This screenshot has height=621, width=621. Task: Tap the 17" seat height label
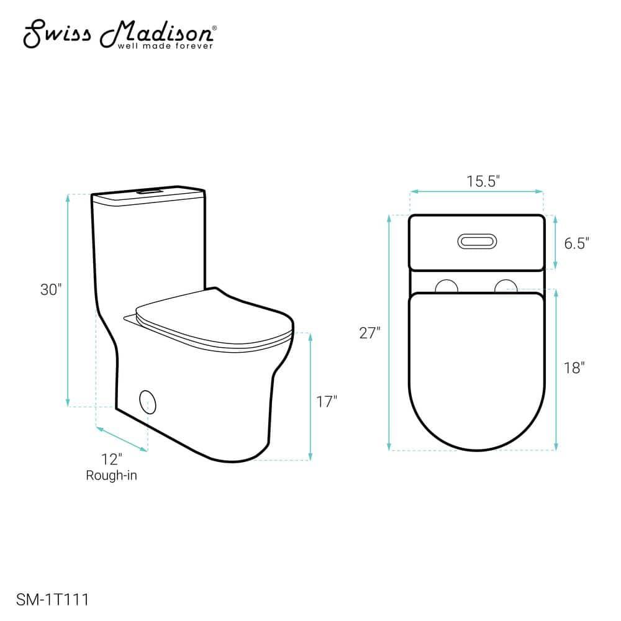(326, 402)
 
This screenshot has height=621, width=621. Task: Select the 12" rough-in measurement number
(112, 460)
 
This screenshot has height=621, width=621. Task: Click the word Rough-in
(111, 476)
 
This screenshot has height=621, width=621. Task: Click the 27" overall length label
(369, 333)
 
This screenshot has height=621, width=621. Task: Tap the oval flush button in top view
(477, 241)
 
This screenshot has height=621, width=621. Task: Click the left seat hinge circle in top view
(446, 287)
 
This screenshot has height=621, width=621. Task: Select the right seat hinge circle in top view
(506, 287)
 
